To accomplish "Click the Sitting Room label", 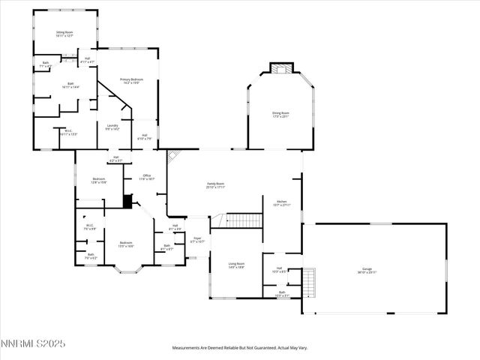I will [64, 34].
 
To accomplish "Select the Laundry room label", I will [112, 127].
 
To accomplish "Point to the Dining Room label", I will [280, 114].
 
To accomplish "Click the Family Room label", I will [216, 185].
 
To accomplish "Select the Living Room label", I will [237, 265].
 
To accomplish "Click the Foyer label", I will [197, 241].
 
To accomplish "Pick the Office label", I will [145, 177].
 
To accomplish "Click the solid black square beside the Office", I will [127, 201].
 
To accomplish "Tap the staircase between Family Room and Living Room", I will [244, 220].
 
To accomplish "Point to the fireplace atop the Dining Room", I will [280, 69].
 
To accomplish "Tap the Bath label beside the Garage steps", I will [282, 293].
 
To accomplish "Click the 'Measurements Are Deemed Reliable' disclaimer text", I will [240, 347].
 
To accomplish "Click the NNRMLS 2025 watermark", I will [34, 343].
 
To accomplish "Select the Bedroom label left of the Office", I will [99, 180].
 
